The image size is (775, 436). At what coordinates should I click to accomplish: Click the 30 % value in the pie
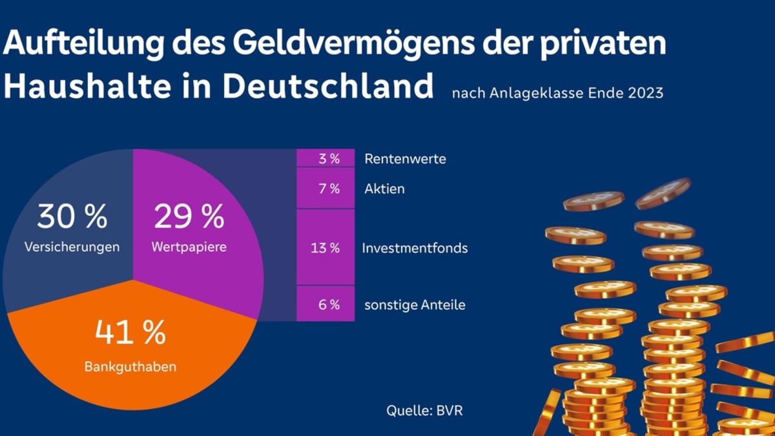tap(72, 217)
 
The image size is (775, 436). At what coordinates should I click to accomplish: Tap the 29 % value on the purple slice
tap(189, 217)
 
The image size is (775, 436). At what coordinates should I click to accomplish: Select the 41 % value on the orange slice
tap(130, 332)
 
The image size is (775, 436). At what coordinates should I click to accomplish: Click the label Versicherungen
tap(72, 247)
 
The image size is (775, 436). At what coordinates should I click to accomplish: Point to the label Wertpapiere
tap(189, 247)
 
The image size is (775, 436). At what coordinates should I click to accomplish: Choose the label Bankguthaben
tap(130, 367)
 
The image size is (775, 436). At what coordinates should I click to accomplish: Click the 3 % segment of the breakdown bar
tap(325, 158)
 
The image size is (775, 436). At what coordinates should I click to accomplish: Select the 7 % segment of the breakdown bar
tap(325, 189)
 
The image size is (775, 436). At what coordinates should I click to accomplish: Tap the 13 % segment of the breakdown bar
tap(325, 247)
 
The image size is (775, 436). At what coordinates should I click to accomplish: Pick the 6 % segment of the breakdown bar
tap(325, 304)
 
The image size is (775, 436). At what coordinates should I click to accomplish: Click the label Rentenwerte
tap(405, 159)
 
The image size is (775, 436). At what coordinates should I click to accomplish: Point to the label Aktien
tap(384, 189)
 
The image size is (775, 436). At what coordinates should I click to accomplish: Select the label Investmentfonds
tap(415, 248)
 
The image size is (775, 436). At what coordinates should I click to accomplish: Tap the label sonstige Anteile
tap(415, 305)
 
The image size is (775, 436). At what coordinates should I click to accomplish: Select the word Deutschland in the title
tap(327, 86)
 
